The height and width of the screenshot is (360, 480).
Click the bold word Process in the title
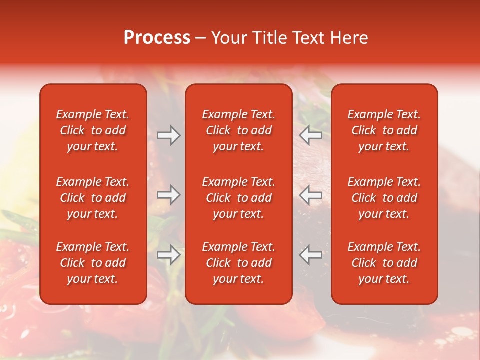[x=157, y=38]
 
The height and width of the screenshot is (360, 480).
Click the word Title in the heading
[x=270, y=38]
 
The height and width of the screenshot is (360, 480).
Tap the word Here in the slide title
[x=349, y=38]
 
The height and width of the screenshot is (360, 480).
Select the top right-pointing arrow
[x=169, y=135]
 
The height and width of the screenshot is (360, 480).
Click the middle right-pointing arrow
[x=169, y=195]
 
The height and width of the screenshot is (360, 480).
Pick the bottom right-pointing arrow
[x=169, y=255]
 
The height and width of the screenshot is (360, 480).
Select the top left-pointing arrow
[x=311, y=135]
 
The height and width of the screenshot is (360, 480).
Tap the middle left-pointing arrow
[x=311, y=195]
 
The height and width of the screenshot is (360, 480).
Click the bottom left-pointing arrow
[x=311, y=255]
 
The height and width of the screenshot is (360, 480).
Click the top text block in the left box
[x=93, y=130]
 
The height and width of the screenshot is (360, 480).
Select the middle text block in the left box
[x=93, y=198]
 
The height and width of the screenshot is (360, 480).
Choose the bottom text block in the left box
[x=93, y=263]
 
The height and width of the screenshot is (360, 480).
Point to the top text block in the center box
[x=238, y=130]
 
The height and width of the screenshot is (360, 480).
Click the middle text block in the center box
[x=238, y=198]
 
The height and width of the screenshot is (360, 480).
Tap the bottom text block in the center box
[x=238, y=263]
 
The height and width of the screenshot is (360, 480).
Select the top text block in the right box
[x=384, y=130]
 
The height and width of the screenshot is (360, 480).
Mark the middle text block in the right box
[x=384, y=198]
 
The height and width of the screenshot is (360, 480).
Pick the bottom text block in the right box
[x=384, y=263]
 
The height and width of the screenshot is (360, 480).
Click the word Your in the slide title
[x=230, y=38]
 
